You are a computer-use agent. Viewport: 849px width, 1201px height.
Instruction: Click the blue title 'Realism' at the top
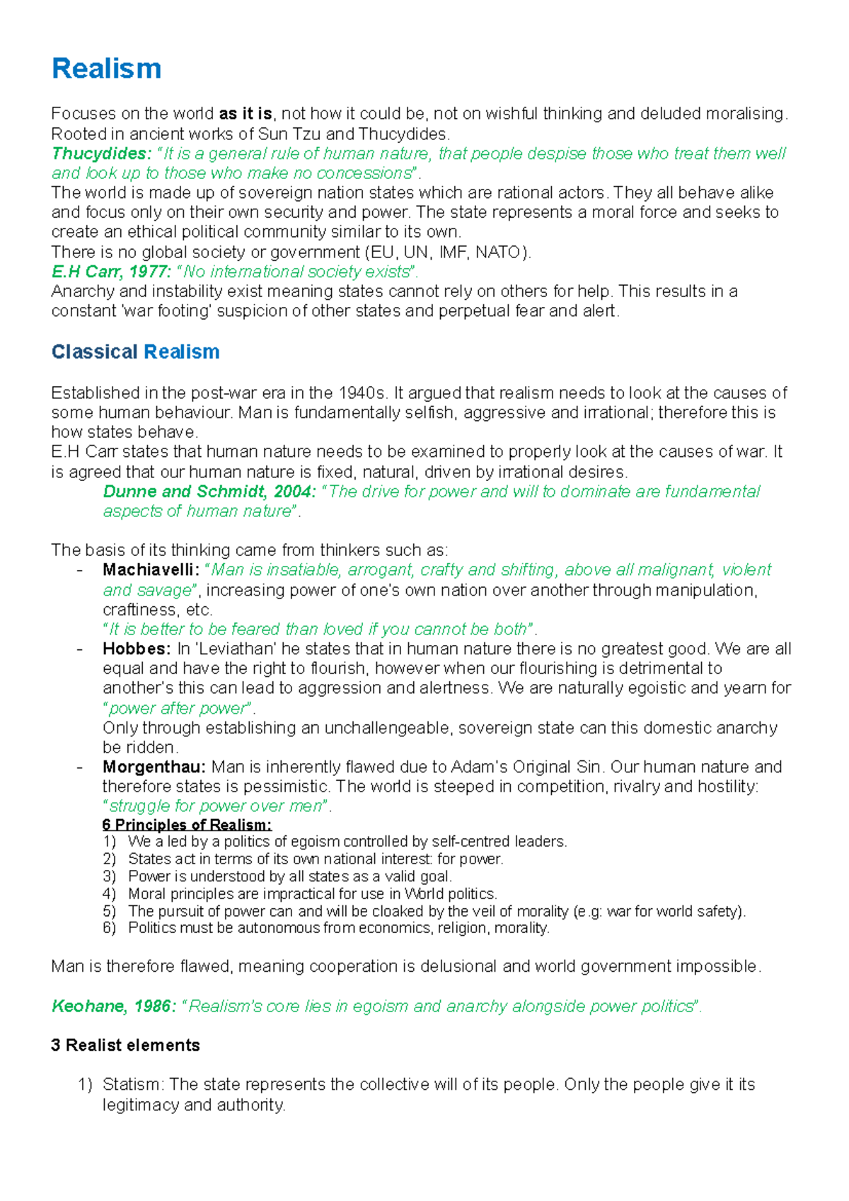106,69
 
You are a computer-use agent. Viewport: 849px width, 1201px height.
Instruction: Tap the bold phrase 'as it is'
246,114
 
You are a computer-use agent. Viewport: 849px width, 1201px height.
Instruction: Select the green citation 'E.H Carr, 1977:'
111,272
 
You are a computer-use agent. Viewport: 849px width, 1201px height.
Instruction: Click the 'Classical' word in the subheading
95,352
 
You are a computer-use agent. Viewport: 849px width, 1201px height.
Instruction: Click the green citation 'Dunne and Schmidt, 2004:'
209,492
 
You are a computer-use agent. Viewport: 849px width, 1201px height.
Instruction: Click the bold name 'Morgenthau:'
154,767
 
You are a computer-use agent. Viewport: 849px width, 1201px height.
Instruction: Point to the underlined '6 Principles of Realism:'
187,825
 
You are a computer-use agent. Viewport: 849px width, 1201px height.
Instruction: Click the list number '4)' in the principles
109,894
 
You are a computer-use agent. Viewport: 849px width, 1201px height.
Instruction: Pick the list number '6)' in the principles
109,928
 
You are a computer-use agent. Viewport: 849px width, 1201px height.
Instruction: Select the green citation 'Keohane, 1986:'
114,1006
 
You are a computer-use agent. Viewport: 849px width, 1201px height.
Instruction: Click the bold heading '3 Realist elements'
125,1045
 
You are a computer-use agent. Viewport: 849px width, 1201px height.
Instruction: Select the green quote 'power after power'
178,708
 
